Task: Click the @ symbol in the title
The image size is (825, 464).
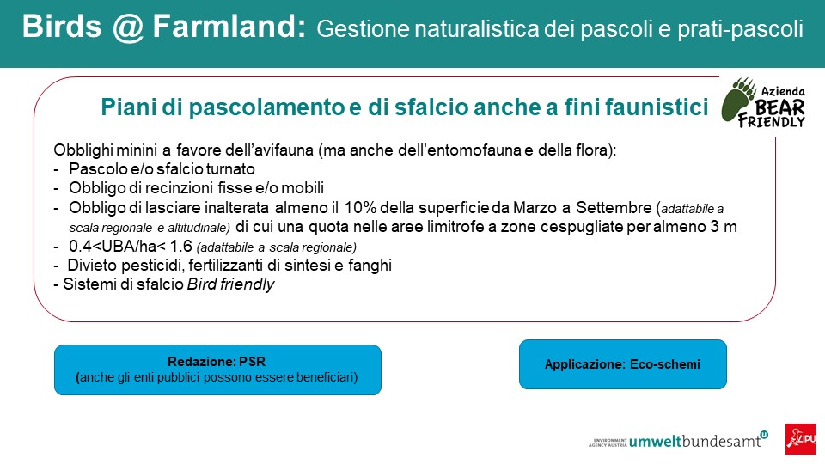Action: point(127,27)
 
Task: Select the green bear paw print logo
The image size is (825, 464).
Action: point(740,100)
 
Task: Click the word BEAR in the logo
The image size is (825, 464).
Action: point(780,108)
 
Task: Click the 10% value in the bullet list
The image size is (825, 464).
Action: point(360,207)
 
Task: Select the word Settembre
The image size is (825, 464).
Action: point(614,207)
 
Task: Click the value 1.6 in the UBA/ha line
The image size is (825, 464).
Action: point(180,246)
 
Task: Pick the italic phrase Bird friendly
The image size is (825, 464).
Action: point(230,284)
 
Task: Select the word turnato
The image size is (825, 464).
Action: point(230,169)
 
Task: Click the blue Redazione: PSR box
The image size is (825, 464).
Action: point(217,369)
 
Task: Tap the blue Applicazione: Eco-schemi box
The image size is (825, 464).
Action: point(623,364)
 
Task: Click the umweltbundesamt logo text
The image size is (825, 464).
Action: point(695,441)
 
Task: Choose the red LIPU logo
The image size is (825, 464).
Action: point(801,439)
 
